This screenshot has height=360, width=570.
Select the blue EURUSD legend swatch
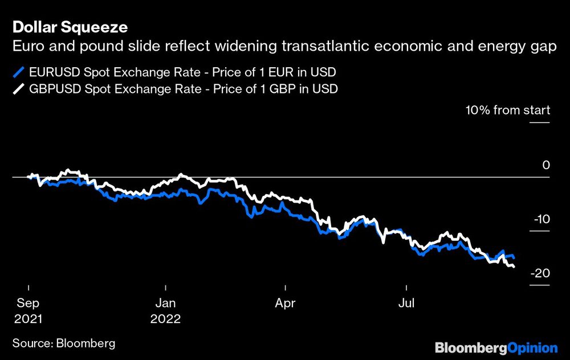tap(19, 72)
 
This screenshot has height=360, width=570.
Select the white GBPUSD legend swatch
tap(19, 89)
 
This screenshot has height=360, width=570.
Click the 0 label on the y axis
tap(545, 165)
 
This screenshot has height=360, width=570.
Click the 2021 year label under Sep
tap(26, 319)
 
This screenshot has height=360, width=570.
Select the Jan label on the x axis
tap(165, 303)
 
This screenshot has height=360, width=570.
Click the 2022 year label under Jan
tap(165, 319)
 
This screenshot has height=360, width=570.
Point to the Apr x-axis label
tap(284, 303)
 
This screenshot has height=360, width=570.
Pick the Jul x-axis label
tap(406, 303)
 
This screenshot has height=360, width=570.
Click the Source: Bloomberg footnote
tap(63, 343)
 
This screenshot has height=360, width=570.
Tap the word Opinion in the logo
tap(532, 347)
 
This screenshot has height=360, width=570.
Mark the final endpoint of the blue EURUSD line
tap(514, 258)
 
